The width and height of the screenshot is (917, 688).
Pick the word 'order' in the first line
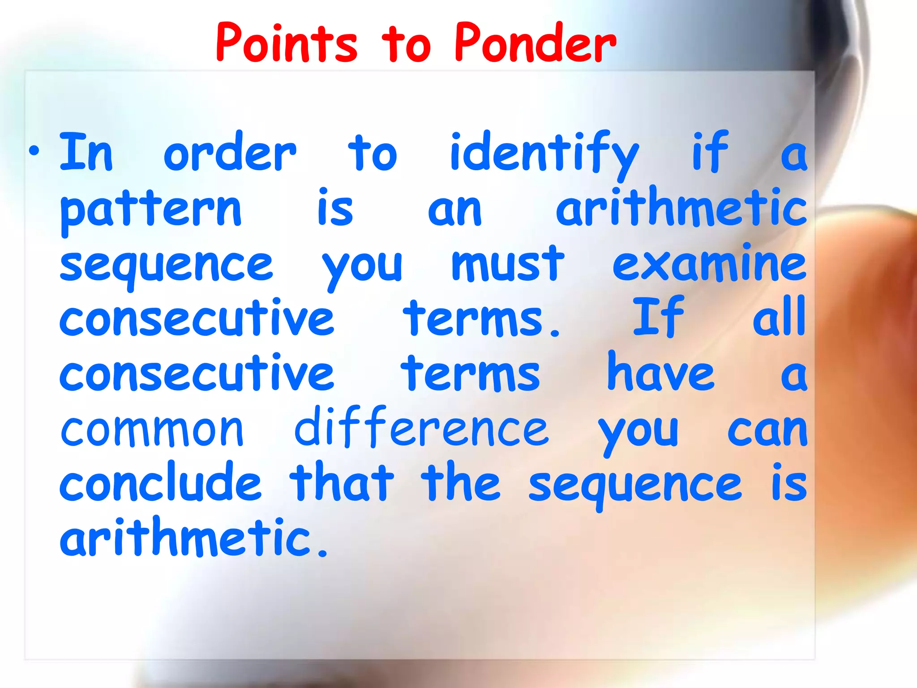[x=230, y=152]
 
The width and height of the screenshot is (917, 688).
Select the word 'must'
[x=507, y=264]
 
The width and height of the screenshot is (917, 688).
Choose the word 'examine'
[x=709, y=264]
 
